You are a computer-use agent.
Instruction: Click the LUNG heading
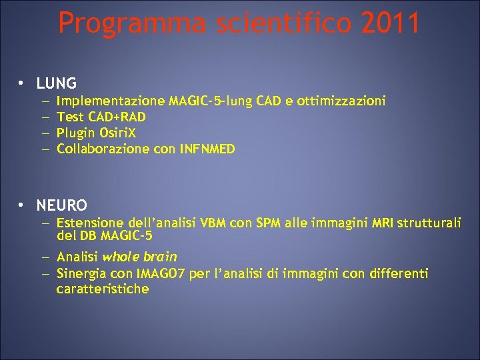(x=57, y=84)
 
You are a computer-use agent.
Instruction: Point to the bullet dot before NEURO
(x=22, y=205)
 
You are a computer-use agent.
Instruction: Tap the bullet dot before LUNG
(x=22, y=84)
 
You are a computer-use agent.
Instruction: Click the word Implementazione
(x=111, y=101)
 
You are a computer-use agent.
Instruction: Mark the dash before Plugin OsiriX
(x=44, y=133)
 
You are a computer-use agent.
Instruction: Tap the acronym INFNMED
(x=207, y=149)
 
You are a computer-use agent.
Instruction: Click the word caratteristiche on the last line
(x=103, y=289)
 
